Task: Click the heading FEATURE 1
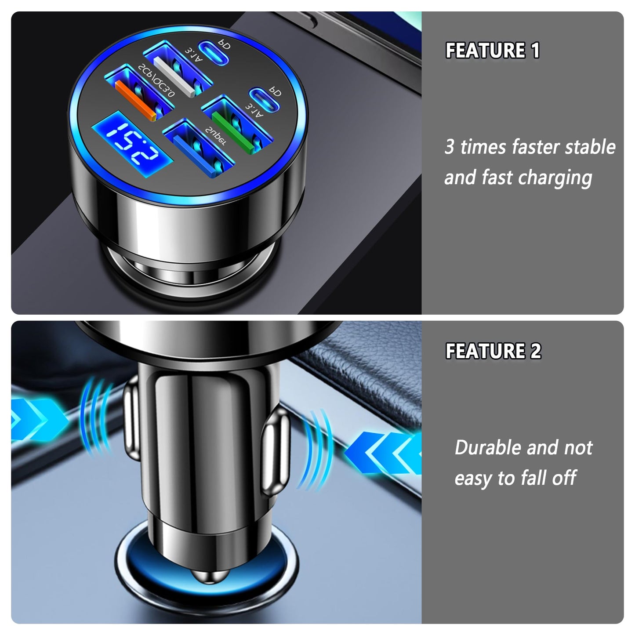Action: tap(492, 51)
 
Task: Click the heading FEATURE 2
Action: tap(493, 351)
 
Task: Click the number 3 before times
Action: tap(449, 147)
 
